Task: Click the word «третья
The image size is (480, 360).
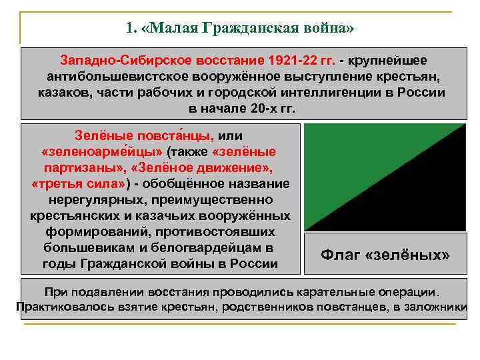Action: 57,183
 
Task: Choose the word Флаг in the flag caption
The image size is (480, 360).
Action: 341,255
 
